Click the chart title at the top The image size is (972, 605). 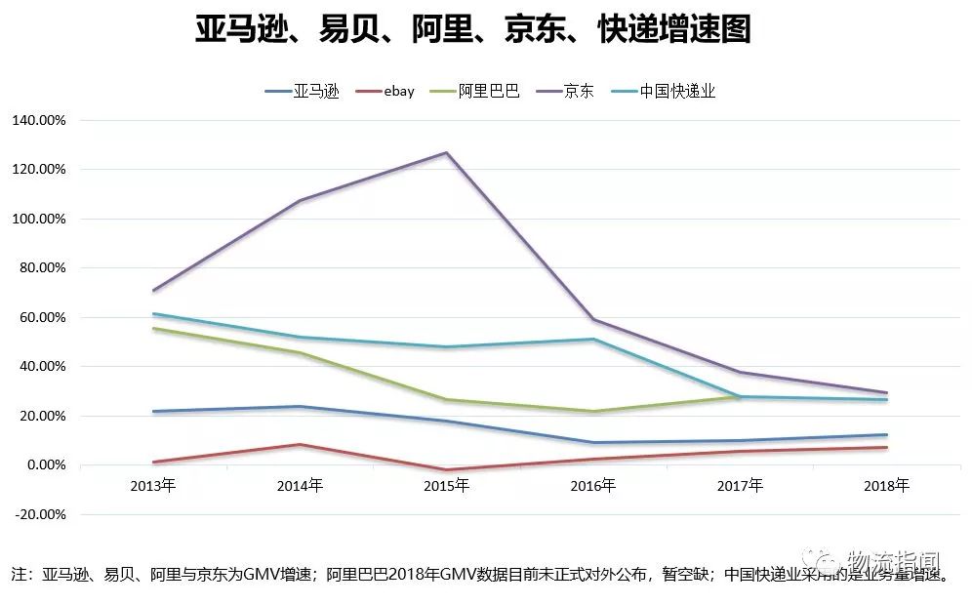pyautogui.click(x=473, y=30)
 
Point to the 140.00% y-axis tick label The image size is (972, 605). pyautogui.click(x=38, y=120)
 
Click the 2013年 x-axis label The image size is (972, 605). pyautogui.click(x=153, y=485)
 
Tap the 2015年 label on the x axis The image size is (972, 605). pyautogui.click(x=447, y=485)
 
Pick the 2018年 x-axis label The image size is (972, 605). pyautogui.click(x=886, y=485)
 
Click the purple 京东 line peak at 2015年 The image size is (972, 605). pyautogui.click(x=447, y=152)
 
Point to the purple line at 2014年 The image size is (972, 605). pyautogui.click(x=301, y=201)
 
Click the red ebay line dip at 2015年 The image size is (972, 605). pyautogui.click(x=447, y=469)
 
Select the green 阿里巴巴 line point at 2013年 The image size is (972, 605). pyautogui.click(x=153, y=329)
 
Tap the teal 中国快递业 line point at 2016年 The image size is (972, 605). pyautogui.click(x=593, y=339)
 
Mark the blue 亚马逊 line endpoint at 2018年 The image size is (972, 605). pyautogui.click(x=886, y=435)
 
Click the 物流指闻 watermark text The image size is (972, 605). pyautogui.click(x=894, y=562)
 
